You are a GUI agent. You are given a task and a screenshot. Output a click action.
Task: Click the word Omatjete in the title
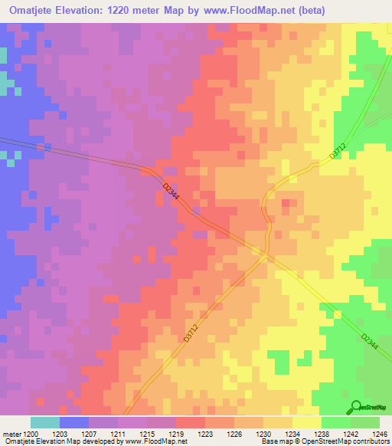31,11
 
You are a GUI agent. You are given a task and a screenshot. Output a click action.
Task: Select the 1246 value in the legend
380,433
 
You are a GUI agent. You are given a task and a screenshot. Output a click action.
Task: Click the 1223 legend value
205,433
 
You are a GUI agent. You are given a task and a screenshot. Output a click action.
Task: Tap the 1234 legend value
292,433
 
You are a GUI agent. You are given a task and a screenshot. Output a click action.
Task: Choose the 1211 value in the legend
118,433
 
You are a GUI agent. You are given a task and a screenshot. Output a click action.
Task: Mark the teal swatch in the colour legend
45,422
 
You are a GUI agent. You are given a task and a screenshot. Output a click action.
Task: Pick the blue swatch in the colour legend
74,422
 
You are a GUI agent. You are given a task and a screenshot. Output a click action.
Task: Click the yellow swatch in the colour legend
307,422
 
